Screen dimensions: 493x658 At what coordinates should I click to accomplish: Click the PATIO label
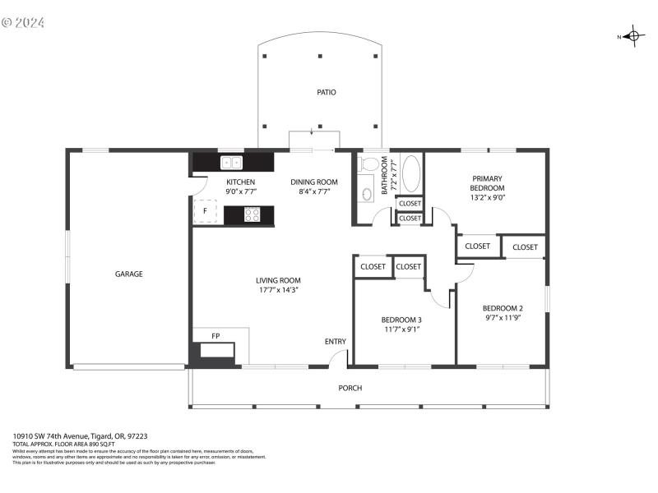[x=327, y=92]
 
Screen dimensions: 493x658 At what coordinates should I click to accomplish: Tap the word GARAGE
[x=128, y=274]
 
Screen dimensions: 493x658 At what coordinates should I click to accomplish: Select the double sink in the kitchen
[x=231, y=163]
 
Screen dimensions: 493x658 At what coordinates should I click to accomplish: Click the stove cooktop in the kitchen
[x=253, y=214]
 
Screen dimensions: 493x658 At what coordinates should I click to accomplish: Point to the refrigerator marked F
[x=206, y=211]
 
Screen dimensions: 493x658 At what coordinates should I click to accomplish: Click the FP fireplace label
[x=215, y=336]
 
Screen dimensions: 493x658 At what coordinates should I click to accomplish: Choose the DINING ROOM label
[x=314, y=182]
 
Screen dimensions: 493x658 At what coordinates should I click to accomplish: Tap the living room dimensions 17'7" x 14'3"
[x=277, y=290]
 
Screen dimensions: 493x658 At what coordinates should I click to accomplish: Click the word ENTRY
[x=336, y=342]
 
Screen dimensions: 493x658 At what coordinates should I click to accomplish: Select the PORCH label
[x=350, y=388]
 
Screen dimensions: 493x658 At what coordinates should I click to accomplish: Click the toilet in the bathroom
[x=369, y=164]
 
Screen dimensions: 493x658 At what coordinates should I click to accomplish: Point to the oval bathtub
[x=410, y=174]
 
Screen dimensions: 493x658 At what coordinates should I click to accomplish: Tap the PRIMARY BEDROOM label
[x=487, y=182]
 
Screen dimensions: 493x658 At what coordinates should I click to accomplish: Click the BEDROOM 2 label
[x=503, y=308]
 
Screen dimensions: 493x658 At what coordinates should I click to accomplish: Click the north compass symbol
[x=632, y=35]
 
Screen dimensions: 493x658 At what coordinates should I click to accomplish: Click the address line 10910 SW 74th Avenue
[x=80, y=436]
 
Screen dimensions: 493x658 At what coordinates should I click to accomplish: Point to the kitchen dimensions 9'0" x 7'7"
[x=241, y=191]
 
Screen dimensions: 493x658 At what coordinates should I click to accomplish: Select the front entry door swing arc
[x=337, y=358]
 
